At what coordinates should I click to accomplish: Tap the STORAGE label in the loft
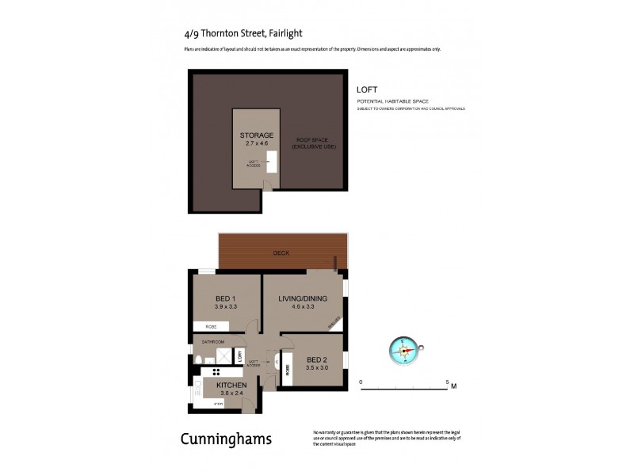[257, 135]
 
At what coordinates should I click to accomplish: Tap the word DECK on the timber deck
[281, 254]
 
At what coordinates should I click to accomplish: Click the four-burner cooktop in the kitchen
[215, 371]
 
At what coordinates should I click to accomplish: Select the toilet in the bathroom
[199, 360]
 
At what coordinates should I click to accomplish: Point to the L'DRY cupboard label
[240, 356]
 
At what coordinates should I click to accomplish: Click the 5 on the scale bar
[447, 382]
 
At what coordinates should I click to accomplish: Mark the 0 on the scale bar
[361, 382]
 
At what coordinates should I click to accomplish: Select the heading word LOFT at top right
[366, 90]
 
